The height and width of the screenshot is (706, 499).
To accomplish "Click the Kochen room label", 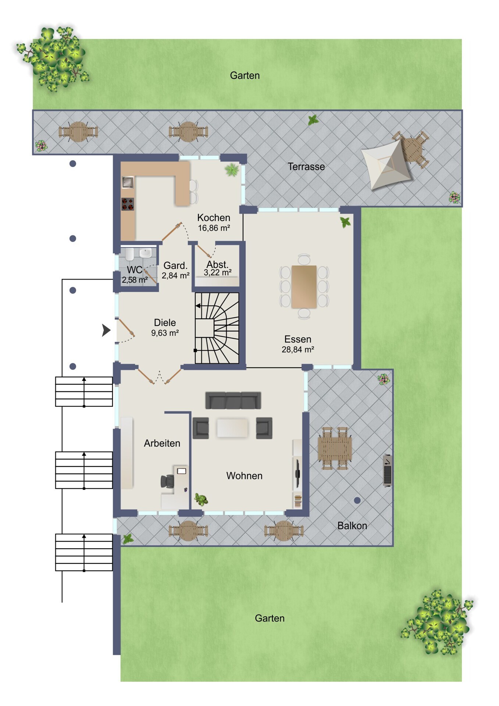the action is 214,217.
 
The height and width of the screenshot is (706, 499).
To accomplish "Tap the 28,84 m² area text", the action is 298,350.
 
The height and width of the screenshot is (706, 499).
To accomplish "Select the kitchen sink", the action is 128,182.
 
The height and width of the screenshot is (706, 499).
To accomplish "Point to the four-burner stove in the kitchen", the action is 128,204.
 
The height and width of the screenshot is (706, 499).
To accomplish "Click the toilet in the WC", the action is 129,254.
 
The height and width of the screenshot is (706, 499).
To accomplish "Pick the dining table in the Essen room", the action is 304,286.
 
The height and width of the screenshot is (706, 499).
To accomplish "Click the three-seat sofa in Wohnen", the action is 233,400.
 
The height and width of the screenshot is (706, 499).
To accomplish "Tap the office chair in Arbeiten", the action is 167,481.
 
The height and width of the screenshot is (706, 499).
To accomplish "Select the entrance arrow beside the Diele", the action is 106,330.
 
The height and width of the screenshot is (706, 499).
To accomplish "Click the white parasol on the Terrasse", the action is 386,164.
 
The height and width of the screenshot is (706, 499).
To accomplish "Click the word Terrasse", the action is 306,167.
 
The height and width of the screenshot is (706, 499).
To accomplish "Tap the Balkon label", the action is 352,526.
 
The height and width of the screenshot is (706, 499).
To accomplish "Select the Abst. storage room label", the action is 217,264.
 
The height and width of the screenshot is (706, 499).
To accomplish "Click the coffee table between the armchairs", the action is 232,428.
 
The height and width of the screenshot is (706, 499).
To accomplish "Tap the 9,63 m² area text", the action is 165,333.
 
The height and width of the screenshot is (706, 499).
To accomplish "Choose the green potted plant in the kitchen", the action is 232,170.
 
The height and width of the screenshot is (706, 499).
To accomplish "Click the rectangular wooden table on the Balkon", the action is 335,448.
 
